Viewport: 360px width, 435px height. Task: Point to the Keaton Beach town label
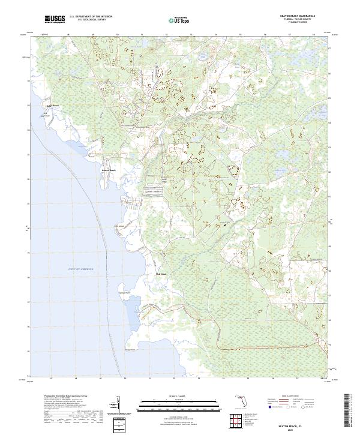[109, 170]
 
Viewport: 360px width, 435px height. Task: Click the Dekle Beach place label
[53, 106]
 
